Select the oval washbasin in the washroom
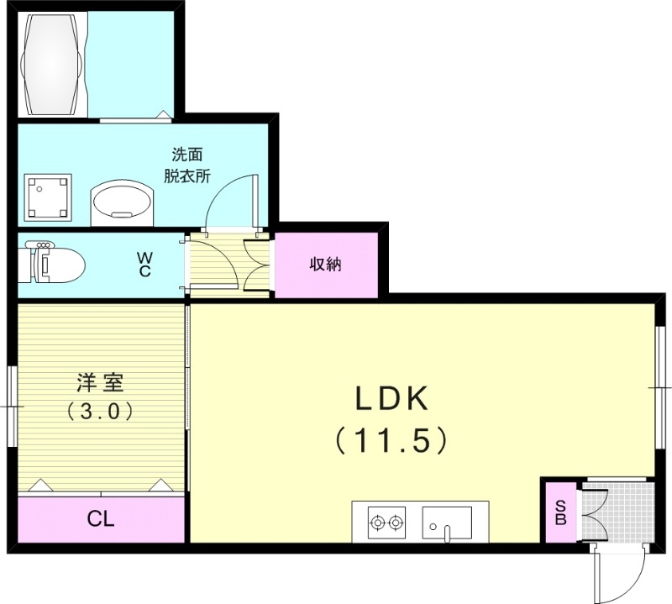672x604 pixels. pyautogui.click(x=123, y=202)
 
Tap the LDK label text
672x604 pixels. pyautogui.click(x=391, y=399)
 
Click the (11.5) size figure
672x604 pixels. pyautogui.click(x=391, y=439)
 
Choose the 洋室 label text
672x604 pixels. pyautogui.click(x=100, y=382)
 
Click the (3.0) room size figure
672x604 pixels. pyautogui.click(x=100, y=412)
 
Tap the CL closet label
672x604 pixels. pyautogui.click(x=100, y=518)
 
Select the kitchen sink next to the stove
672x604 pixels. pyautogui.click(x=446, y=523)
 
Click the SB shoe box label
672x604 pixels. pyautogui.click(x=559, y=512)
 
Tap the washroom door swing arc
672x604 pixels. pyautogui.click(x=230, y=198)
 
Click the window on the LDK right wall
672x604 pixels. pyautogui.click(x=661, y=386)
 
